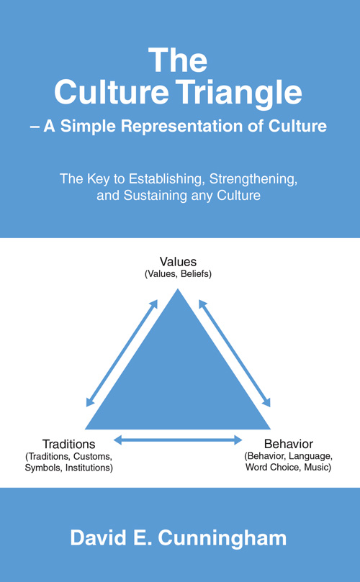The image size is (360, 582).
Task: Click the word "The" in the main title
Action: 178,60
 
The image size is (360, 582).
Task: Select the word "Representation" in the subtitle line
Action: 188,127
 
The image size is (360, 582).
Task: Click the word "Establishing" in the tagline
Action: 167,179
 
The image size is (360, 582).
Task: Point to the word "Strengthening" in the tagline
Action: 253,179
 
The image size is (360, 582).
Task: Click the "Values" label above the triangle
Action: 178,262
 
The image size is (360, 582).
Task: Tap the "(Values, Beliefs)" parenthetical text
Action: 178,274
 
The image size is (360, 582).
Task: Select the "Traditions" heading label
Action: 68,444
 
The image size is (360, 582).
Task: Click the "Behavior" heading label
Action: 289,444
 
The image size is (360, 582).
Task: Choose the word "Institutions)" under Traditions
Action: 89,468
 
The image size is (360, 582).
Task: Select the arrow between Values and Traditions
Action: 122,353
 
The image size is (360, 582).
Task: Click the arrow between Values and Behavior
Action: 235,353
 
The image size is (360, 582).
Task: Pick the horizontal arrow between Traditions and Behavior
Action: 178,440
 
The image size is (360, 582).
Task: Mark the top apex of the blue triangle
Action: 178,288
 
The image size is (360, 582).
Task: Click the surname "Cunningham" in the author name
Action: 222,539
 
